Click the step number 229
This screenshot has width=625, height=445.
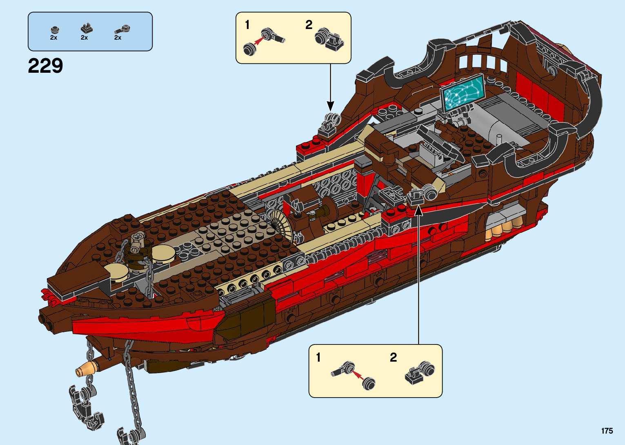45,66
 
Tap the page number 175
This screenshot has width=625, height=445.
607,431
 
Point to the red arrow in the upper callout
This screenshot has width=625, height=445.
258,40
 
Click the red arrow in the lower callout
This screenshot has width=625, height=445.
358,374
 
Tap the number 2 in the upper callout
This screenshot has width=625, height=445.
309,25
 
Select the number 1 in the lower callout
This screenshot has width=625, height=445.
318,358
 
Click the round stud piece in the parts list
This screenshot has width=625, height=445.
54,29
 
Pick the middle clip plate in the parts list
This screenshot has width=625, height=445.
86,29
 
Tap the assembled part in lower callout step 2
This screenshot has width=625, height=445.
420,372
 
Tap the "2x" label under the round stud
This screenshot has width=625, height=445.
53,38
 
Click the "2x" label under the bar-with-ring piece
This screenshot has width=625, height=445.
118,38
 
